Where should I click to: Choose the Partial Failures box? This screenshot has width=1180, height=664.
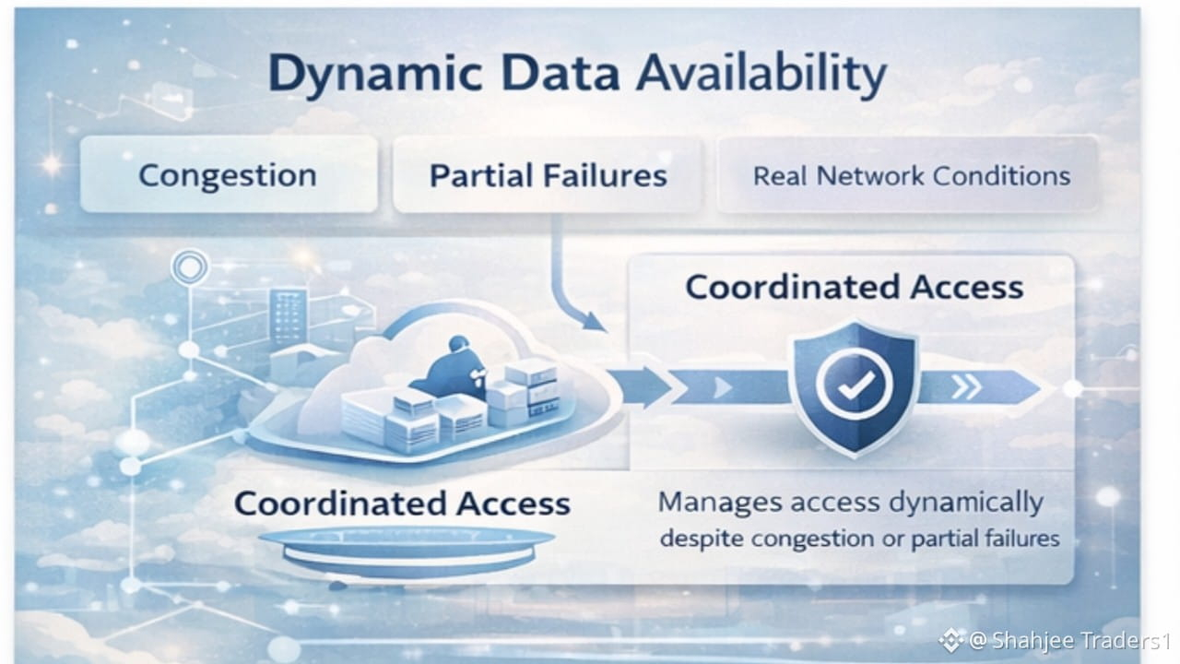[549, 175]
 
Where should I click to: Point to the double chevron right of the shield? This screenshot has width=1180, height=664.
[965, 386]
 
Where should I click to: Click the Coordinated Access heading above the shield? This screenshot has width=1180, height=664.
[855, 287]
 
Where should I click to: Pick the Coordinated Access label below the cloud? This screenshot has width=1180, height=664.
[402, 504]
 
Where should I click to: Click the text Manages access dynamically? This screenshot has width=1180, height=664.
[851, 503]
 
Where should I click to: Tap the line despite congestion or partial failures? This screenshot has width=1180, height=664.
[859, 539]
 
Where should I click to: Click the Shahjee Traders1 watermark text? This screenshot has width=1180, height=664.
[1069, 640]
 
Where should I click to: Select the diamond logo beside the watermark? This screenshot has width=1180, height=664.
[950, 639]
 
